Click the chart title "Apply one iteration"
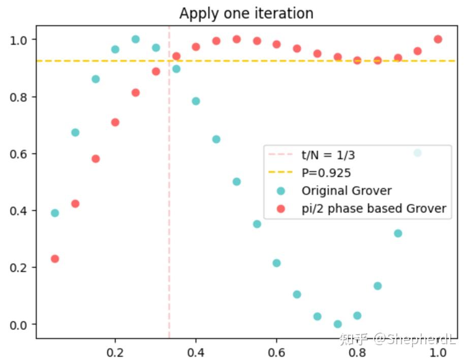246,13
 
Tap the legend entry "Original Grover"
347,191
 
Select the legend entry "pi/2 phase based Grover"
373,208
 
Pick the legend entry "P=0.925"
326,173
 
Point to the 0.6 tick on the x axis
276,352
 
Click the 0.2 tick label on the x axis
115,352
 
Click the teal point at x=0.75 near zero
337,324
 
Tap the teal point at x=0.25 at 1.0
136,39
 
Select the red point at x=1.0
438,39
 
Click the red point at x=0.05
55,259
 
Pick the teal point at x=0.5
236,182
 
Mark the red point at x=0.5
236,39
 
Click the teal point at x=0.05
55,213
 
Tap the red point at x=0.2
115,122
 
